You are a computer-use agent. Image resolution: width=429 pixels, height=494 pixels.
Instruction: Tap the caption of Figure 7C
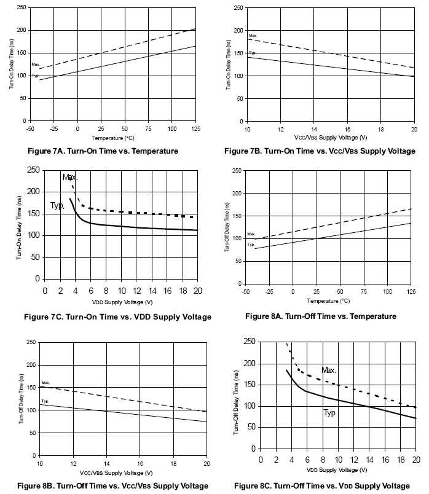[x=117, y=316]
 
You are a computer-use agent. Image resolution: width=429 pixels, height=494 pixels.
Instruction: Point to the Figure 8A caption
[x=321, y=316]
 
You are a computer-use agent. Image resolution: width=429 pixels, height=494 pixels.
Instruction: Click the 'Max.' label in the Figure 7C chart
[x=70, y=178]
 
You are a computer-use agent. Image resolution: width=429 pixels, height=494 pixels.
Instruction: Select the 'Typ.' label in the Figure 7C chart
[x=58, y=206]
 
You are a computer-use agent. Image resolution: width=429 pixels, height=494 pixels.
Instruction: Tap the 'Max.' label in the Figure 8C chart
[x=329, y=370]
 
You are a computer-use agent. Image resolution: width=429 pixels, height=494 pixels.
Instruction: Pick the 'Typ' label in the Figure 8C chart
[x=329, y=413]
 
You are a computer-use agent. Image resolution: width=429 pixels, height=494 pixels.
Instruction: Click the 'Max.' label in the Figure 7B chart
[x=252, y=36]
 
